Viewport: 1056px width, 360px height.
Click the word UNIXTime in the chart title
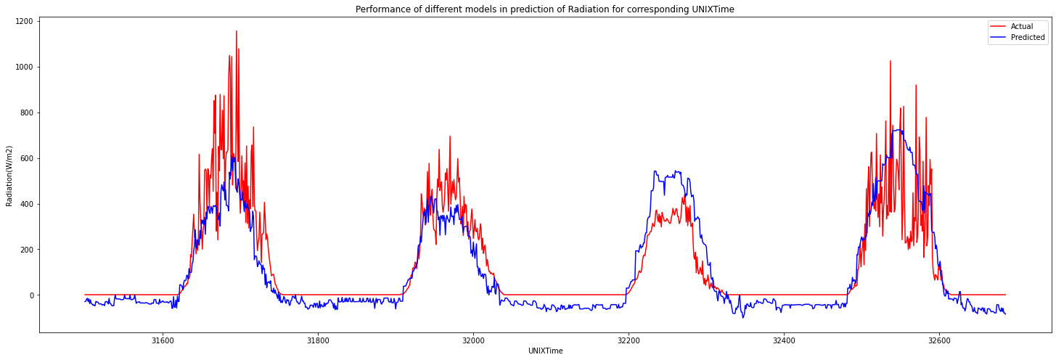[x=716, y=9]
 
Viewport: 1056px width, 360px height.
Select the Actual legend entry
[x=1022, y=26]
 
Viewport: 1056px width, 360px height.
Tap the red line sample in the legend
[x=999, y=26]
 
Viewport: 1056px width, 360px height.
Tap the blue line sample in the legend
[x=999, y=37]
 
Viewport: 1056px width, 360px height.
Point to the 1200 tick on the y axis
[x=24, y=21]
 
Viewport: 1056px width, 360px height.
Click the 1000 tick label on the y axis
[x=24, y=67]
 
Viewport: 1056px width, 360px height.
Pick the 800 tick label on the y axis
[x=26, y=112]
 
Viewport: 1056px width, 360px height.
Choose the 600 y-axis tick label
[x=26, y=158]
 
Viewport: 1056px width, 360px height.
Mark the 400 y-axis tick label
[x=26, y=204]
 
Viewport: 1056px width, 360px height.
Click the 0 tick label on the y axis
[x=30, y=295]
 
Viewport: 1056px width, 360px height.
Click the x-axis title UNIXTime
[x=546, y=351]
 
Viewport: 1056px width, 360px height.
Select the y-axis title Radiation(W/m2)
[x=9, y=176]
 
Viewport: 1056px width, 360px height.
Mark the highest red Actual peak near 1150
[x=236, y=31]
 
